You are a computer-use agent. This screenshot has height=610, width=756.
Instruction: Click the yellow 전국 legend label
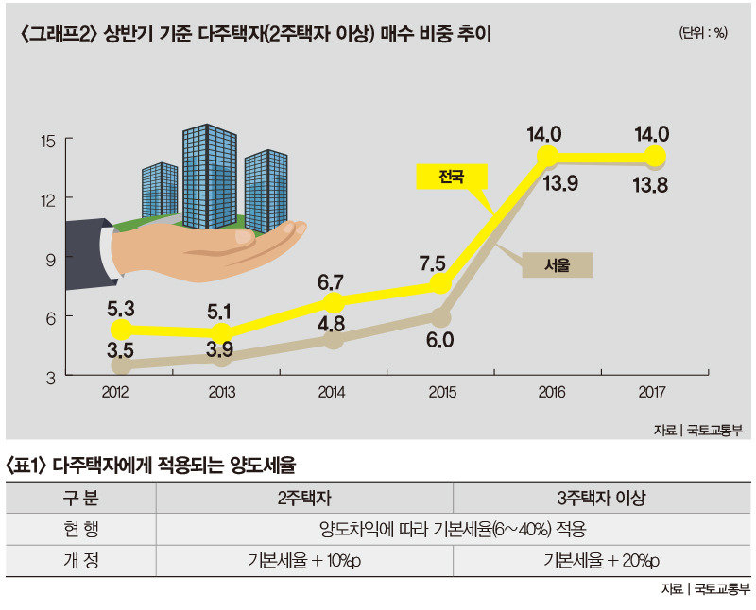pyautogui.click(x=451, y=176)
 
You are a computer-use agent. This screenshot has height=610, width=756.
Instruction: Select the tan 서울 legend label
pyautogui.click(x=558, y=265)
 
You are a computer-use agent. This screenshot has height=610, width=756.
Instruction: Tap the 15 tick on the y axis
pyautogui.click(x=49, y=140)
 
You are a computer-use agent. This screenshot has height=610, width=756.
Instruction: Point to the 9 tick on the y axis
pyautogui.click(x=53, y=258)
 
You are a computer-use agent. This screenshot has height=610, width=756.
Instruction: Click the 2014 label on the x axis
pyautogui.click(x=333, y=391)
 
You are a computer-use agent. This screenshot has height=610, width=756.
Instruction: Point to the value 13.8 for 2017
pyautogui.click(x=650, y=185)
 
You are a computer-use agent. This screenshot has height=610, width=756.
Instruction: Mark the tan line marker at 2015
pyautogui.click(x=439, y=317)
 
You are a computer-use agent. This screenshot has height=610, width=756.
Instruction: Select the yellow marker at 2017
pyautogui.click(x=655, y=155)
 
